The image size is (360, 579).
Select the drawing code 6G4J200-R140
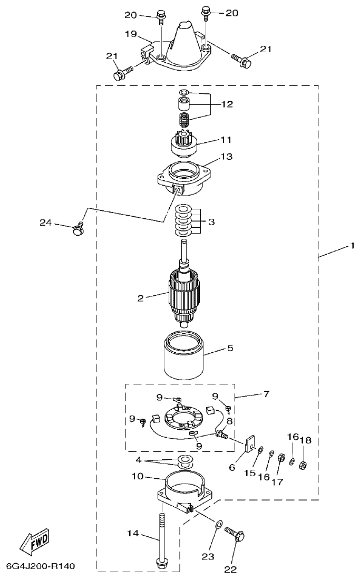41,567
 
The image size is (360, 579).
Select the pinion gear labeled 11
183,143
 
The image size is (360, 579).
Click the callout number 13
227,157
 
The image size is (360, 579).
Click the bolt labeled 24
78,229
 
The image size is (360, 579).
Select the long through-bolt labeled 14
161,538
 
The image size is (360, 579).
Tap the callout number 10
138,476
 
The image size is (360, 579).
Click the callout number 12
227,104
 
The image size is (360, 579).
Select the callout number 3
211,222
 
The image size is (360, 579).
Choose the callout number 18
306,439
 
